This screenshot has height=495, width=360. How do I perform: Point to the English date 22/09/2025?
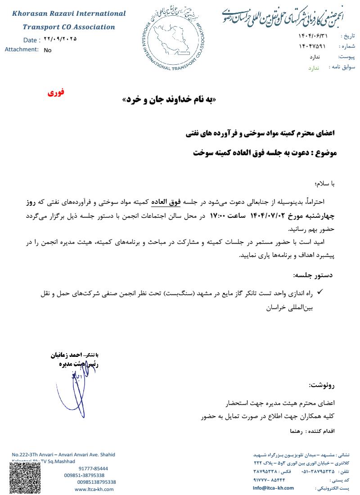61,39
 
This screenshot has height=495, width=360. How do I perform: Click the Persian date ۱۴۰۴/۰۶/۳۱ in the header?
310,35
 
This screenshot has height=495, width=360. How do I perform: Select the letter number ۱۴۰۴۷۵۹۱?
310,46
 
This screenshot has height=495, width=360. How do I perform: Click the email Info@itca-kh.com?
273,488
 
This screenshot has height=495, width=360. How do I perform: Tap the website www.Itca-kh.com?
94,489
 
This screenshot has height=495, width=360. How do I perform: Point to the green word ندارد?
313,68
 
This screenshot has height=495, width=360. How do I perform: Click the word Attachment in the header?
21,49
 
